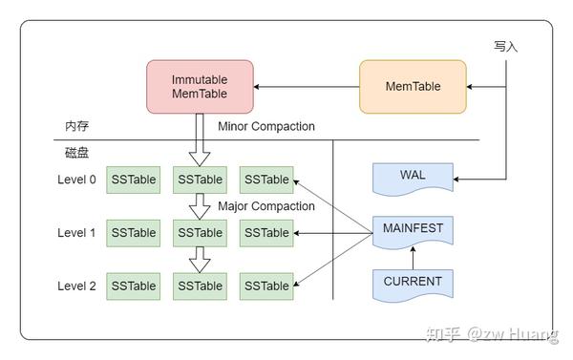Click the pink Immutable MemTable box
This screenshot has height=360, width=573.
coord(201,86)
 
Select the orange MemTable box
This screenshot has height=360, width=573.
coord(413,86)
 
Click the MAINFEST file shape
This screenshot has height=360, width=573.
coord(412,230)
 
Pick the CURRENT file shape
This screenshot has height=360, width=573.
coord(412,283)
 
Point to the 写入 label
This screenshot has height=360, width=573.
coord(506,46)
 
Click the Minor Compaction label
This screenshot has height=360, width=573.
coord(265,126)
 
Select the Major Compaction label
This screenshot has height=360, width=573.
coord(265,205)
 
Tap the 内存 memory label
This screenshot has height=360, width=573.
coord(76,126)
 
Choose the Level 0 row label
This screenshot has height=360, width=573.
coord(76,180)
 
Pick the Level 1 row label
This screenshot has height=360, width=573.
coord(76,232)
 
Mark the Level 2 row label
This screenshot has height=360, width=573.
coord(76,286)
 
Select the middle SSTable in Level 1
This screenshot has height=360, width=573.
coord(200,232)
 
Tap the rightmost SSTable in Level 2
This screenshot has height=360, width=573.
coord(265,286)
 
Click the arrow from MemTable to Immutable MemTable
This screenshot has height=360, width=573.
coord(306,87)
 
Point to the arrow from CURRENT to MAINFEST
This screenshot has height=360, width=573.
coord(412,258)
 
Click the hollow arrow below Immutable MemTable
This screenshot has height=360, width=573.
coord(200,138)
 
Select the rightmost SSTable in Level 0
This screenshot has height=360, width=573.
coord(265,180)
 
